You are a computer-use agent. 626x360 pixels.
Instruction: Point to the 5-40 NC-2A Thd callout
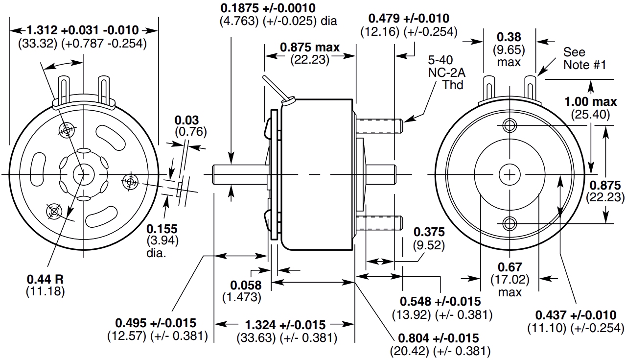coord(446,72)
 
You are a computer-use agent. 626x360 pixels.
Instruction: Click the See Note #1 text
coord(584,58)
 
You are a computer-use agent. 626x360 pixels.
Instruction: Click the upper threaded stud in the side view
coord(379,126)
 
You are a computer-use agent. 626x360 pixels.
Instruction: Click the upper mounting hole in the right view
coord(510,125)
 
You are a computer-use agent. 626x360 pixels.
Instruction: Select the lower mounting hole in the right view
coord(510,223)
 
